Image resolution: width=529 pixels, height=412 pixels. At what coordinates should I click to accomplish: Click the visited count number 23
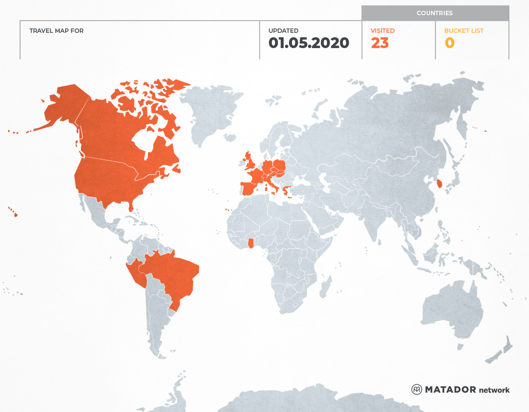click(380, 43)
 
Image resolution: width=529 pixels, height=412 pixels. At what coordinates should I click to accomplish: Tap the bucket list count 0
click(449, 43)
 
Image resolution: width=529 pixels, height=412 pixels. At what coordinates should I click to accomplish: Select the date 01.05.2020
click(309, 43)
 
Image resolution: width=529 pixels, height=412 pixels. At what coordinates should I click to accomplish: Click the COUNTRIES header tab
click(434, 13)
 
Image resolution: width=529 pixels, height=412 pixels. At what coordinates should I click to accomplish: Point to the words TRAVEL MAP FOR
click(56, 31)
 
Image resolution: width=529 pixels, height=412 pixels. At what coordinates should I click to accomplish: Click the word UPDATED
click(283, 31)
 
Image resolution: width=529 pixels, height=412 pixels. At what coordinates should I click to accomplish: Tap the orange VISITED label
click(383, 31)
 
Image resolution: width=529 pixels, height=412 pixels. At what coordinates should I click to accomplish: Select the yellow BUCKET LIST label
click(463, 31)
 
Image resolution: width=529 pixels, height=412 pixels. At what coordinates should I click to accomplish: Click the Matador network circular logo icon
click(416, 389)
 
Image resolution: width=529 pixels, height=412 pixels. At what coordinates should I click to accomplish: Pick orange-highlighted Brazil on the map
click(174, 275)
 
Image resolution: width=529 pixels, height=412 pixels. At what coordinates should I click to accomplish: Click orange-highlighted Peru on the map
click(135, 275)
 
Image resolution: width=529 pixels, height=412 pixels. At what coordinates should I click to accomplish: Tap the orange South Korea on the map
click(439, 184)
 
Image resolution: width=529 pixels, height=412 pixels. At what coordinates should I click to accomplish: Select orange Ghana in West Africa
click(251, 243)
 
